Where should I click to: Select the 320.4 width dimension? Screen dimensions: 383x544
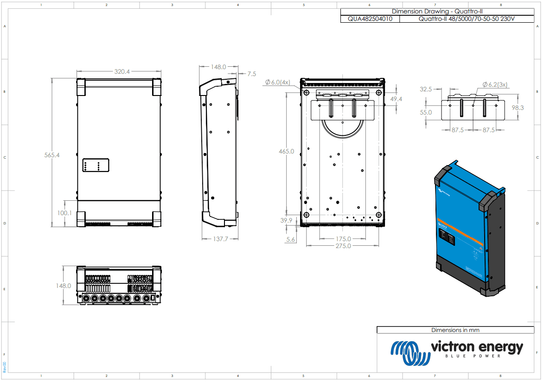(x=122, y=71)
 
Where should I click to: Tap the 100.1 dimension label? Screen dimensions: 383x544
(x=64, y=213)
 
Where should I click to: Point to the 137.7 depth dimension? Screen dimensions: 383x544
(x=221, y=239)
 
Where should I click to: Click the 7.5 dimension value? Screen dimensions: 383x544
(x=251, y=74)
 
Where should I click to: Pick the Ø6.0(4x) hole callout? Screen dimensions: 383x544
(x=278, y=82)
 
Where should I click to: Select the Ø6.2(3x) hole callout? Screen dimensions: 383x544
(x=495, y=84)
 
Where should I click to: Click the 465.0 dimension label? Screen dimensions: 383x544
(x=286, y=151)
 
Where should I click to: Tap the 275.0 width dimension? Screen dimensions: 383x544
(x=343, y=246)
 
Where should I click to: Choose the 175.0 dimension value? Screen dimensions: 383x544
(x=343, y=239)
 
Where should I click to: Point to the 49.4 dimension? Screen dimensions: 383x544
(x=396, y=99)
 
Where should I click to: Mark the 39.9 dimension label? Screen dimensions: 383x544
(x=287, y=221)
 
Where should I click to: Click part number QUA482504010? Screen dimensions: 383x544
(x=369, y=19)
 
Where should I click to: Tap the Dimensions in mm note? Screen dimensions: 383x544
(x=455, y=330)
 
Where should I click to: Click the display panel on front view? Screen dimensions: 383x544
(x=96, y=165)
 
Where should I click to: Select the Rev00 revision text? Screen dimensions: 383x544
(x=5, y=367)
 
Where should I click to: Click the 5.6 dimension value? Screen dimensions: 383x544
(x=291, y=239)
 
